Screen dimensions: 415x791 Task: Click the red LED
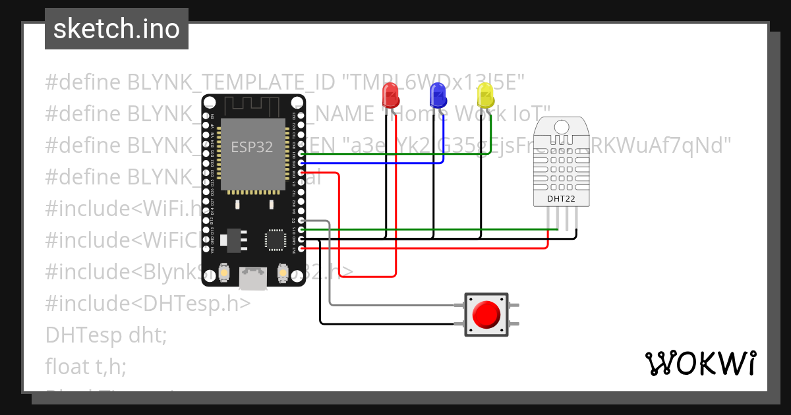click(390, 97)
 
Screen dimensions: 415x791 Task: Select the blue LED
click(437, 97)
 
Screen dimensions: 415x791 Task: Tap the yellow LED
click(484, 97)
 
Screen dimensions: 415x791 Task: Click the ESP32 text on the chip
click(252, 147)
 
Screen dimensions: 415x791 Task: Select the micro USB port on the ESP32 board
click(254, 278)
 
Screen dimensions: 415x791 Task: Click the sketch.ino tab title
click(117, 29)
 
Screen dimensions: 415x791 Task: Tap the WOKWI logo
click(700, 363)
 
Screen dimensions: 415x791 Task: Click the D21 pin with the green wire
click(301, 154)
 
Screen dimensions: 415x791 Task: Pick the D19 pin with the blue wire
click(301, 163)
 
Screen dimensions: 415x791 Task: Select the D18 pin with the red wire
click(301, 173)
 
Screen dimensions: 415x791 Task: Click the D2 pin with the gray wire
click(301, 221)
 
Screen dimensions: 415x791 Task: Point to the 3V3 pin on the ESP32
click(301, 248)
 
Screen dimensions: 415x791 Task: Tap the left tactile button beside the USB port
click(225, 273)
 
